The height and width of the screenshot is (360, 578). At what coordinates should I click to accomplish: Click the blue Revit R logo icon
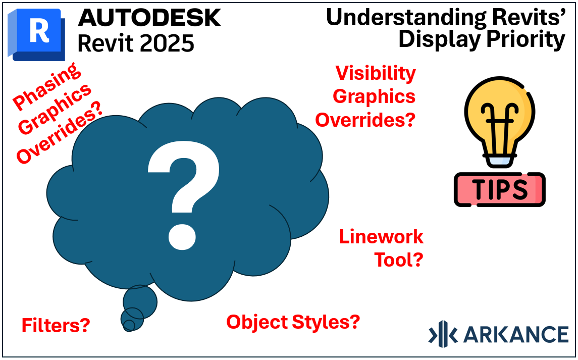pos(36,33)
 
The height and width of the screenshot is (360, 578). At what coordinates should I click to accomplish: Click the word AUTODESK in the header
pos(149,18)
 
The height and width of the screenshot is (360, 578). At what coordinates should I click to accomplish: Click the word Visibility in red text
pos(376,73)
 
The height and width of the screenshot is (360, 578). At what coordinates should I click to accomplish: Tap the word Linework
pos(381,236)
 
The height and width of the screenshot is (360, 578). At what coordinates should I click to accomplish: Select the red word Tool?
pos(398,260)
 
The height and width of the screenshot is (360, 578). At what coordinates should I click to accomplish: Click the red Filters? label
pos(56,325)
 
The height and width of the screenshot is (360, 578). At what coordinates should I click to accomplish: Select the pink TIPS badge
pos(499,189)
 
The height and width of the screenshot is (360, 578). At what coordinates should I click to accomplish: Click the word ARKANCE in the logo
pos(515,334)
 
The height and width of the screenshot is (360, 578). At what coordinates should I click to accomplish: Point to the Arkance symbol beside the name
pos(443,334)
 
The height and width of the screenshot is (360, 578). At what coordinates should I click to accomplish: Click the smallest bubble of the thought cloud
pos(129,325)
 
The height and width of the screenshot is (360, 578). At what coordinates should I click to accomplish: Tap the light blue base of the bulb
pos(499,161)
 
